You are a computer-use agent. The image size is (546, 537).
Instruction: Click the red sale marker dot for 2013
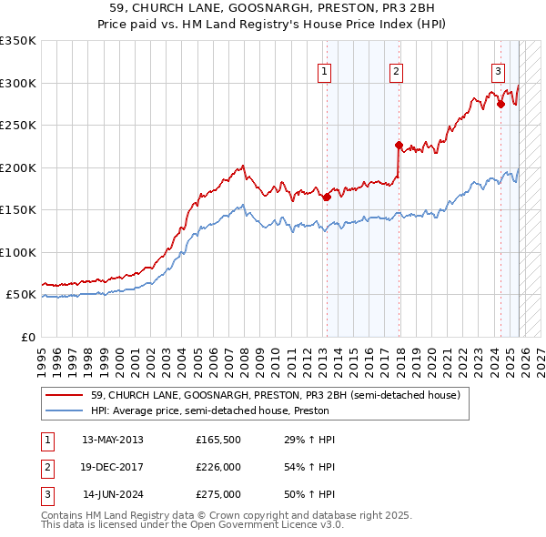click(327, 197)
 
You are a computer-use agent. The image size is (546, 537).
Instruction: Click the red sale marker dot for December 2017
click(399, 145)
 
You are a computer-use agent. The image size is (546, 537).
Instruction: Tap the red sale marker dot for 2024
click(500, 104)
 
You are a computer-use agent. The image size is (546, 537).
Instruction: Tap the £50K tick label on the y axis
click(21, 295)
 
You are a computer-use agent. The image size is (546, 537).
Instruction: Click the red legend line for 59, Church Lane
click(65, 396)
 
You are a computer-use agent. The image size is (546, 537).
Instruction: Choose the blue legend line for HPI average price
click(65, 411)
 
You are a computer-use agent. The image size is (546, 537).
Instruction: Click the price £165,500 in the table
click(218, 440)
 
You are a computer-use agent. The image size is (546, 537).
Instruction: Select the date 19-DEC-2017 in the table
click(112, 467)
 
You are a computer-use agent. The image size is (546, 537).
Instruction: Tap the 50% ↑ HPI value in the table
click(309, 494)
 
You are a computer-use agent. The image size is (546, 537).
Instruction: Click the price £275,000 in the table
click(218, 494)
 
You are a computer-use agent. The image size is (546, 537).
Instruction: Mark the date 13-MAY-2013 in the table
click(112, 440)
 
